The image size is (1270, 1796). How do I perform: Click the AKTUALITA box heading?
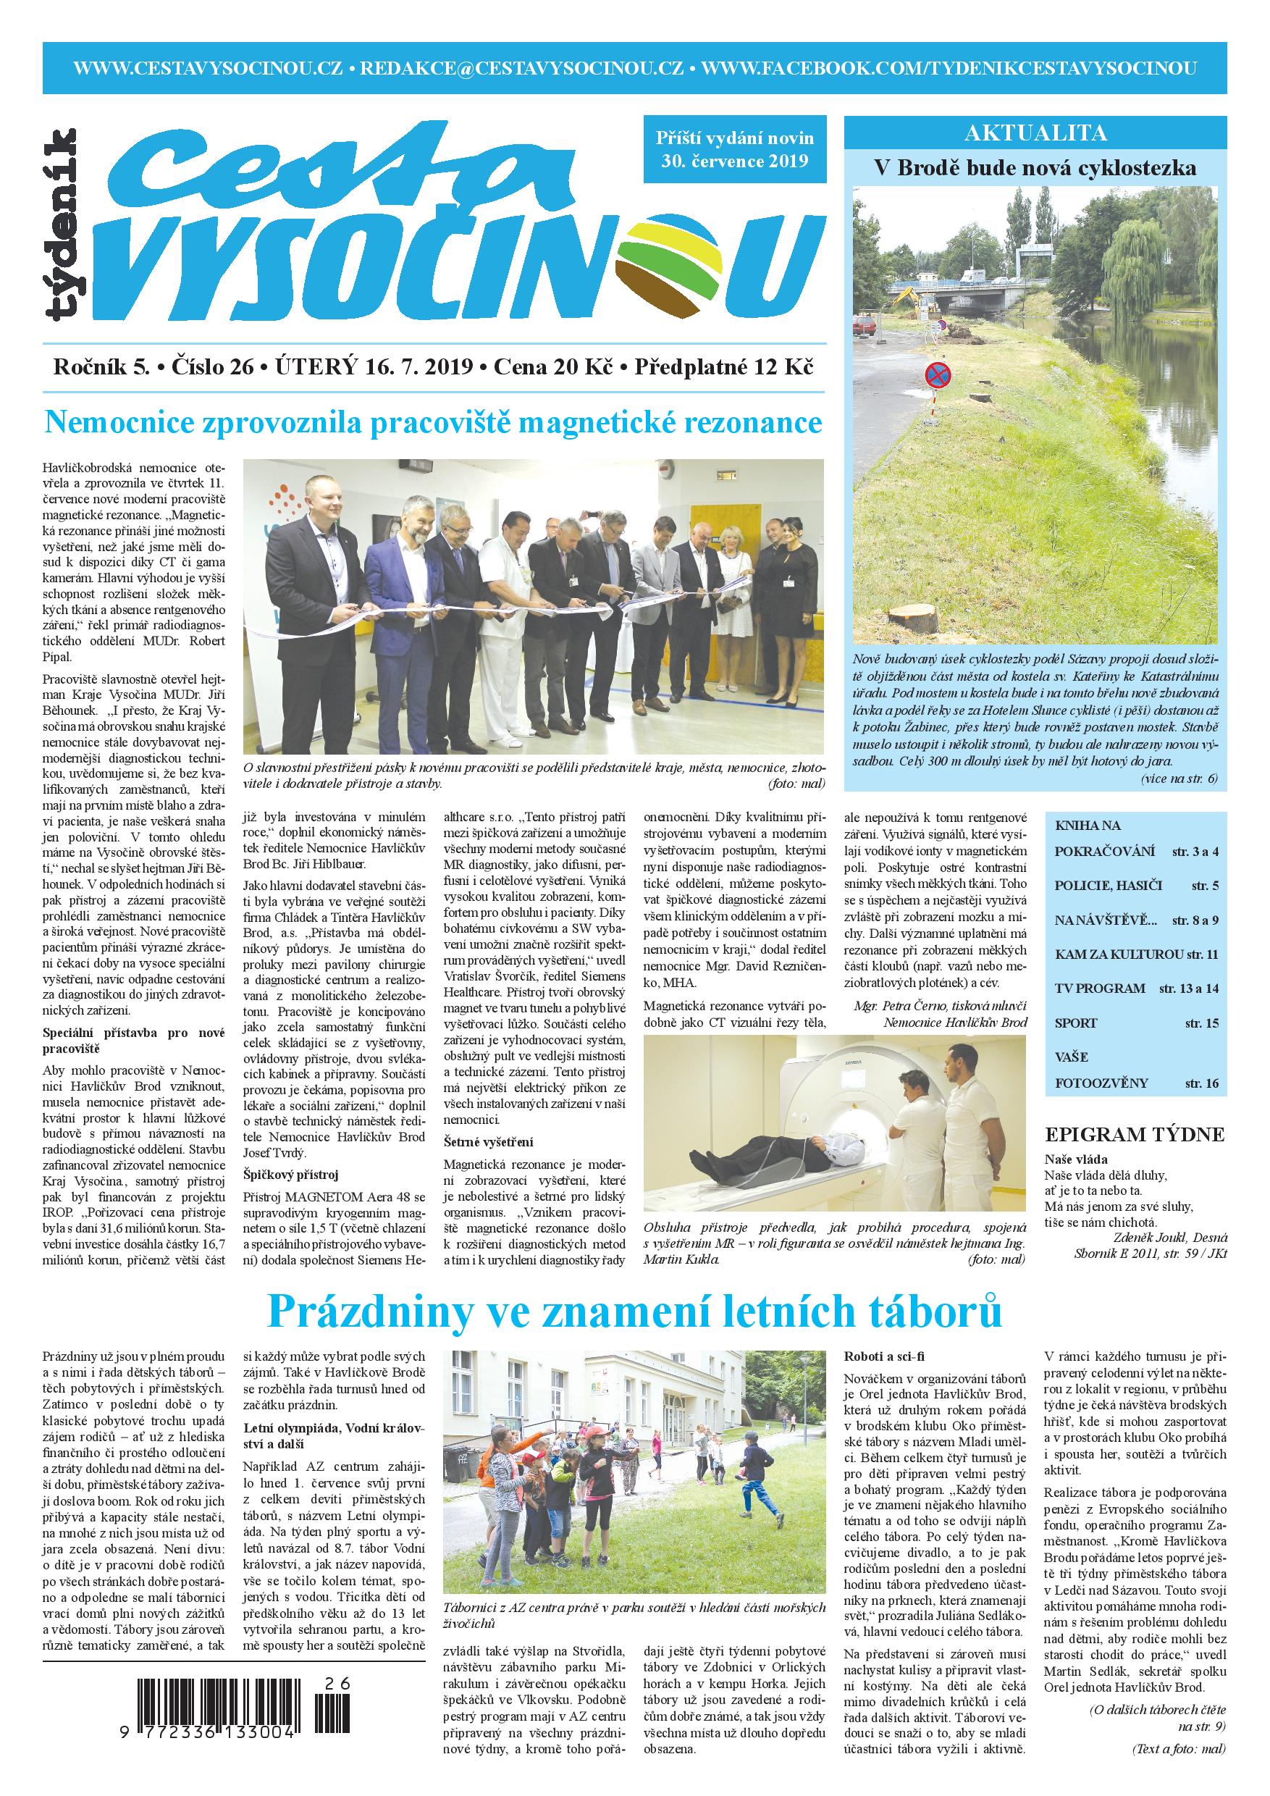click(x=1035, y=133)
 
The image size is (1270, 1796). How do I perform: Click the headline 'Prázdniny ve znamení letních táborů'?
click(x=634, y=1312)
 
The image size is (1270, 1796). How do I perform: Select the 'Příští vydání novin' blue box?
click(x=734, y=149)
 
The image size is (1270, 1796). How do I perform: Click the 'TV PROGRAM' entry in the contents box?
click(x=1100, y=988)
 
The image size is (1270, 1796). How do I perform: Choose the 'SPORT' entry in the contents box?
click(x=1076, y=1023)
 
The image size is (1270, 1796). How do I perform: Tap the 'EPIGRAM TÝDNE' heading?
click(x=1135, y=1135)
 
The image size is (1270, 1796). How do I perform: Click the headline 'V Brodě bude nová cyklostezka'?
click(x=1035, y=168)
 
